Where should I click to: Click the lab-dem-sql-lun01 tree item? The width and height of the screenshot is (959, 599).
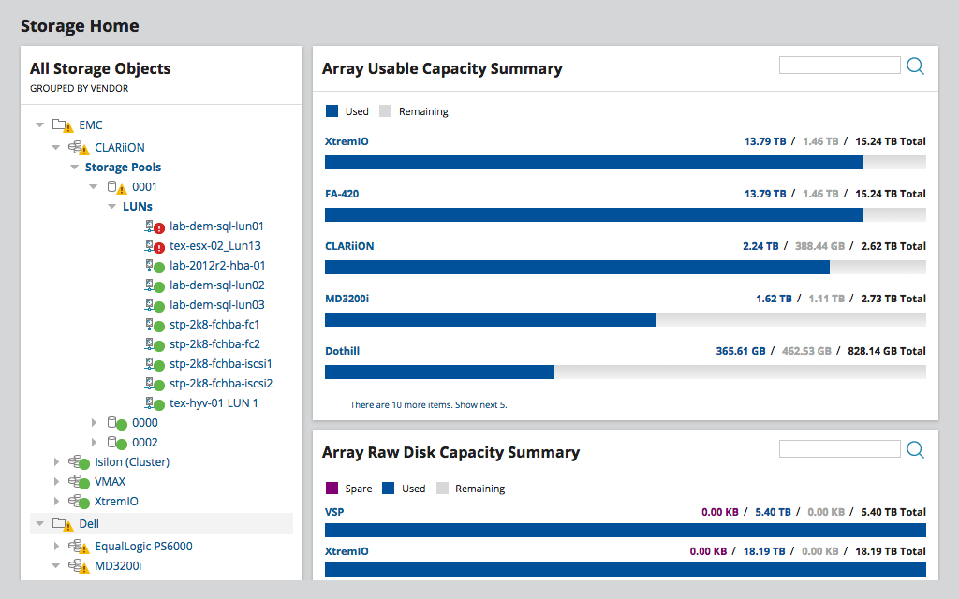pos(216,226)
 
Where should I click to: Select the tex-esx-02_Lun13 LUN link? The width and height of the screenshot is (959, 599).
pos(214,246)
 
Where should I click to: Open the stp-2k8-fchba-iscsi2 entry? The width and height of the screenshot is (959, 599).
pos(220,384)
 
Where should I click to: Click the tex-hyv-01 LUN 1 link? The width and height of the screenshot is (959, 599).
pos(214,403)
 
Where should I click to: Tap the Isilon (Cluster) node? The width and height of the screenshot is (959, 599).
pos(131,462)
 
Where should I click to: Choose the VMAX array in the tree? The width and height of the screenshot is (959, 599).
pos(110,482)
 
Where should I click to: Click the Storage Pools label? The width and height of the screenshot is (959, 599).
pos(123,168)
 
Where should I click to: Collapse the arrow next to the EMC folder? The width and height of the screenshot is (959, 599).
pos(39,124)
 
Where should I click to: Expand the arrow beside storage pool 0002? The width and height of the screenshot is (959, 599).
pos(94,443)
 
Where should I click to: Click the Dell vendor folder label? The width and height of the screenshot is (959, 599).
pos(89,524)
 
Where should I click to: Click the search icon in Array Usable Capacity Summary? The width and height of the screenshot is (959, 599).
pos(915,66)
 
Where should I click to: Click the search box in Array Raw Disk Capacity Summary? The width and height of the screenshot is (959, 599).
pos(839,449)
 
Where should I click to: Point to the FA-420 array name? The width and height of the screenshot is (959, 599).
pos(342,194)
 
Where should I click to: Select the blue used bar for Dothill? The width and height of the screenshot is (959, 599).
pos(439,372)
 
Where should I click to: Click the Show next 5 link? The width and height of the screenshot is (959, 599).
pos(482,405)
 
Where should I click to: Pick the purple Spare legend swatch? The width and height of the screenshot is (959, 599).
pos(332,489)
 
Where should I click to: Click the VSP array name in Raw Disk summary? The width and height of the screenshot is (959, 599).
pos(334,512)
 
